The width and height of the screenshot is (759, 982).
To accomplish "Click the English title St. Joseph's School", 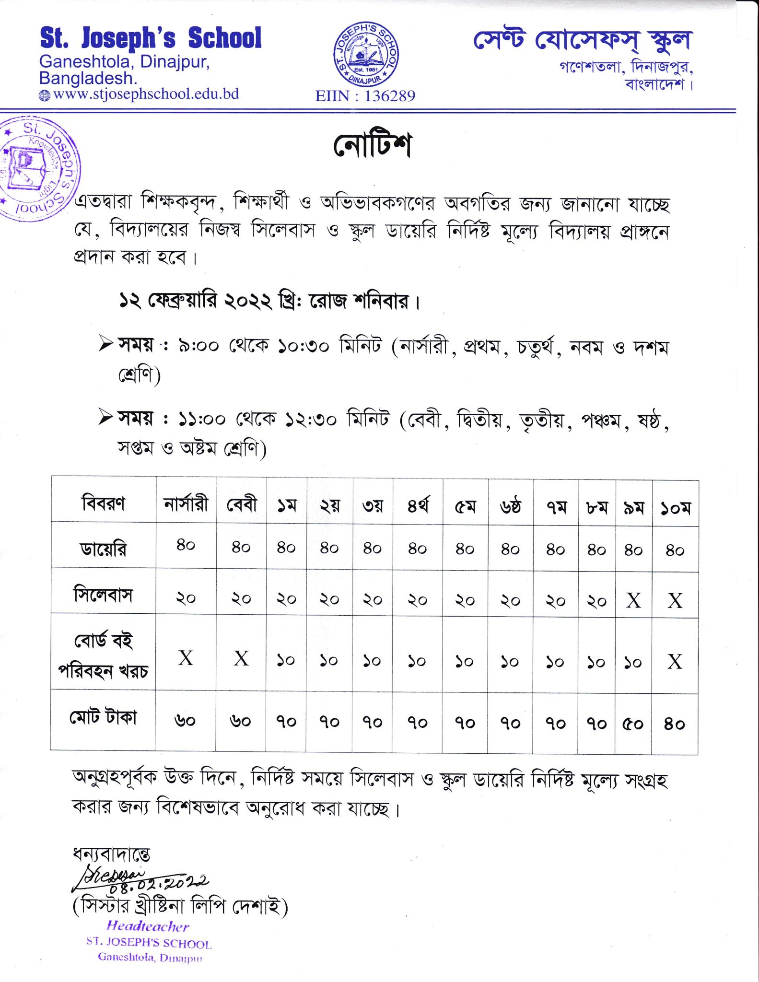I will tap(151, 38).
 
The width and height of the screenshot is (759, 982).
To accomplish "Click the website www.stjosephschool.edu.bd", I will tap(146, 94).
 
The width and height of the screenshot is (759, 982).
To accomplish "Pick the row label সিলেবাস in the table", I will tap(103, 595).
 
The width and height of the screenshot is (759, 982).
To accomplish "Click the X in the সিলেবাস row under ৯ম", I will tap(633, 600).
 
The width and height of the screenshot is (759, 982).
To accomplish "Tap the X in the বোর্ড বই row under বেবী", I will tap(241, 659).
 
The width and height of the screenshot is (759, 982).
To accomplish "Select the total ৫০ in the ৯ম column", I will tap(633, 724).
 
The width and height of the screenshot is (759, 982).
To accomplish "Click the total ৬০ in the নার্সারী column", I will tap(185, 721).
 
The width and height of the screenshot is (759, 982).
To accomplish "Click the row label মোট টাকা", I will tap(103, 718).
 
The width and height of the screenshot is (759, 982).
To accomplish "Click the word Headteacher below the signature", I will tap(148, 926).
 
